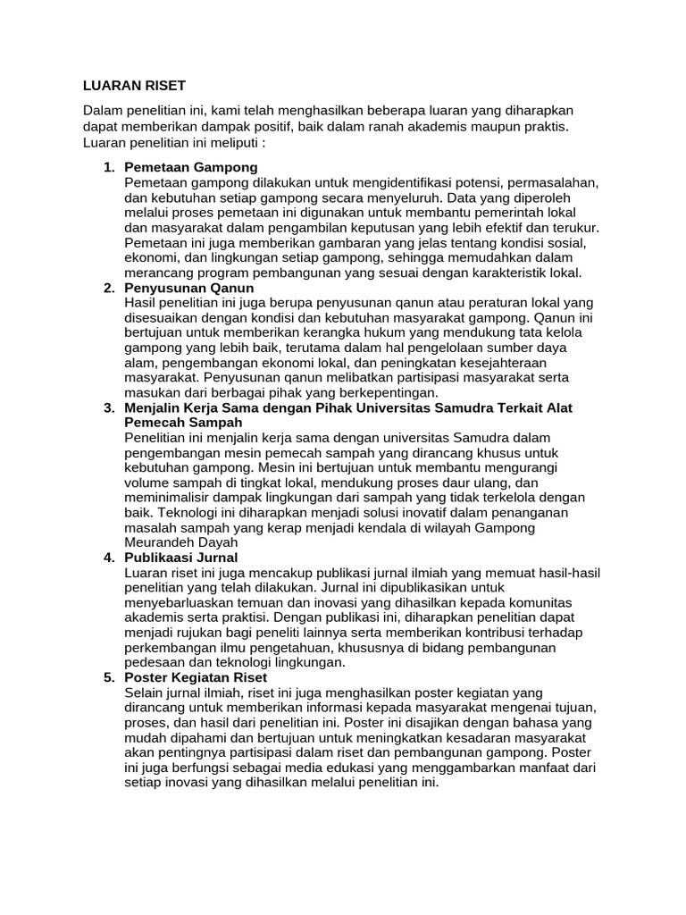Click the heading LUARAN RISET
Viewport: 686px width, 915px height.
(x=134, y=86)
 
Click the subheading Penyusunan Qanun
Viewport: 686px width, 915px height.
(x=189, y=288)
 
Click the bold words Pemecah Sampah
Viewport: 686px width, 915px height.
(x=176, y=424)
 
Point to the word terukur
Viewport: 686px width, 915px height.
(x=574, y=227)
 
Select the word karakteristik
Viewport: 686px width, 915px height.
(x=492, y=273)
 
